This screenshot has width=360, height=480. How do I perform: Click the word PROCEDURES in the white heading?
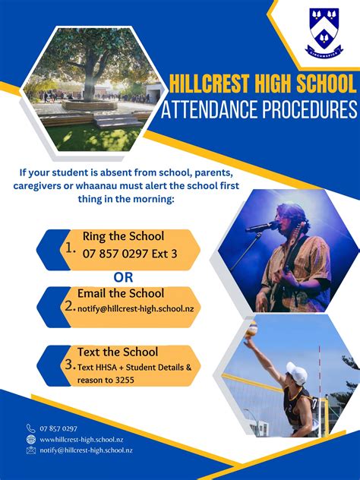coord(310,109)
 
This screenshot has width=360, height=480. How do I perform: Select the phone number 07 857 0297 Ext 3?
coord(130,254)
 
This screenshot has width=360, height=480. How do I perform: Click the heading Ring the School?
coord(123,236)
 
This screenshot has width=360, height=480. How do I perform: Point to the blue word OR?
coord(123,277)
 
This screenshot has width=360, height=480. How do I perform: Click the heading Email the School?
coord(121,293)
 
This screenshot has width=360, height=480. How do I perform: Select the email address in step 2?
coord(136,308)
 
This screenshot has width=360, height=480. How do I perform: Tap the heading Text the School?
coord(118,352)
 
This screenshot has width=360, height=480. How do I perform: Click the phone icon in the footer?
coord(31,428)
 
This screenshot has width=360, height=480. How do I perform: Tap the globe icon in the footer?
coord(31,439)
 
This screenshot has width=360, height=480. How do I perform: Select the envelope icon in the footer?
coord(31,450)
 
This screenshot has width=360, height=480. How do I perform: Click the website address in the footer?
coord(81,440)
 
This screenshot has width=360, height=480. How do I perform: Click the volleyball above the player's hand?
coord(252,330)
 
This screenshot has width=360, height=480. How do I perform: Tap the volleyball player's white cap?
coord(297,373)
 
